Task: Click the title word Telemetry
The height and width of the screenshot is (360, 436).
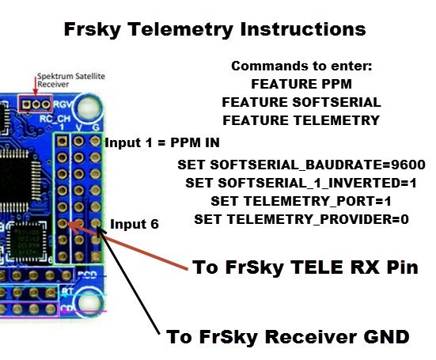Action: pos(180,29)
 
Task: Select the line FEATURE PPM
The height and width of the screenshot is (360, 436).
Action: pos(301,84)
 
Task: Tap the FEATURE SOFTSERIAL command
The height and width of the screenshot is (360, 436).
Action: pos(301,102)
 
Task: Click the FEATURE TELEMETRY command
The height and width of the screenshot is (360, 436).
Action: pos(301,120)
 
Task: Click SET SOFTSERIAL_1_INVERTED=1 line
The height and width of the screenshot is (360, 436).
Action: pos(301,183)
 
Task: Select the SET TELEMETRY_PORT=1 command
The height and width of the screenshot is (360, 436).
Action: pos(301,201)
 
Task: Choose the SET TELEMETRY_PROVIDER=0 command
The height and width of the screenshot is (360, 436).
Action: pos(301,219)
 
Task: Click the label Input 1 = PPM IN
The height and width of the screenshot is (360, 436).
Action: pos(162,142)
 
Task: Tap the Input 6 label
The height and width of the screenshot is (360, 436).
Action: pos(135,224)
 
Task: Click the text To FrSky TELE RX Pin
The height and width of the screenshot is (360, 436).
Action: pos(305,267)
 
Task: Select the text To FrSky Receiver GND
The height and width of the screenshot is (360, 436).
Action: pos(288,336)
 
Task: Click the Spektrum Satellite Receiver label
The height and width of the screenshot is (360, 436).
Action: pos(71,80)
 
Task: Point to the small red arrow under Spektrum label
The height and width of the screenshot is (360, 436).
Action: pos(36,86)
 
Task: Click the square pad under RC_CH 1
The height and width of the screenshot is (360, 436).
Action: pos(62,141)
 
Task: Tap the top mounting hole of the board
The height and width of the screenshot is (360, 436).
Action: pos(89,108)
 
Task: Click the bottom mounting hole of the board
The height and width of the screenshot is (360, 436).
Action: pos(89,303)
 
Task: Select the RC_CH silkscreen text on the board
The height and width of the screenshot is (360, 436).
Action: pos(55,119)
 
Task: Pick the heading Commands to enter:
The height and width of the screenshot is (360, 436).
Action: pos(301,66)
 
